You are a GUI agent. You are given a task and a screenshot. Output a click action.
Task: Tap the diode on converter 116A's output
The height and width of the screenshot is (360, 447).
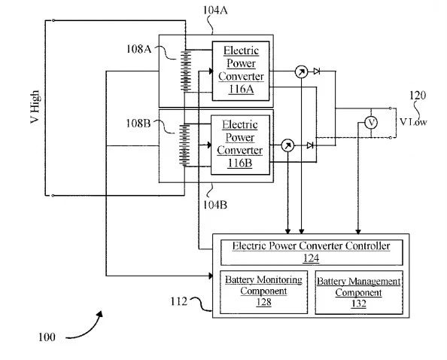[x=316, y=72]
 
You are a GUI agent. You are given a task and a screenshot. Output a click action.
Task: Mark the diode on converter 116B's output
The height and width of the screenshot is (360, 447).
[x=310, y=145]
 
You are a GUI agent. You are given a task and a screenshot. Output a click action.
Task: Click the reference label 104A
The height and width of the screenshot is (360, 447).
[x=215, y=11]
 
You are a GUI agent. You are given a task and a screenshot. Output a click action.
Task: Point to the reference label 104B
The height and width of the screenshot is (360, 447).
[x=215, y=205]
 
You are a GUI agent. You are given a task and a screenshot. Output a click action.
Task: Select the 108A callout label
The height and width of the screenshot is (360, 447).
[x=138, y=49]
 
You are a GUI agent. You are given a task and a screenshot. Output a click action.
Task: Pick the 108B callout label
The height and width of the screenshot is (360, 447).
[x=138, y=124]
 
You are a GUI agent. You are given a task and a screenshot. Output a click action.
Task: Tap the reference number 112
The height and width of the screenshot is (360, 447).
[x=179, y=301]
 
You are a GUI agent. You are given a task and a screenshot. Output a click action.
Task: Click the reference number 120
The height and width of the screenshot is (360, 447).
[x=418, y=96]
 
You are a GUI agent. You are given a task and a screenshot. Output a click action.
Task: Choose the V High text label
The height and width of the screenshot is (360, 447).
[x=35, y=107]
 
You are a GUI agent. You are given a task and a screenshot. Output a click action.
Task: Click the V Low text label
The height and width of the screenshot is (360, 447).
[x=413, y=122]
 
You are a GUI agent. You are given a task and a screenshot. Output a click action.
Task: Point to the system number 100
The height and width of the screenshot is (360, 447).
[x=47, y=337]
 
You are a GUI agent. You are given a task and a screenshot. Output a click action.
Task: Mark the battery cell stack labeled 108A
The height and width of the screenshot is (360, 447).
[x=186, y=71]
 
